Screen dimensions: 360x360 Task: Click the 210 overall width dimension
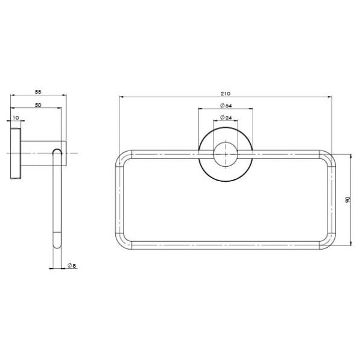tap(226, 93)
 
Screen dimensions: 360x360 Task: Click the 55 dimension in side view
tap(38, 92)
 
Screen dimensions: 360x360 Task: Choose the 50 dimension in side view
tap(38, 105)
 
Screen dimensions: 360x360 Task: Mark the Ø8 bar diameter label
tap(70, 265)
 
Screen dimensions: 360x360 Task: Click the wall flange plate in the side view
tap(16, 154)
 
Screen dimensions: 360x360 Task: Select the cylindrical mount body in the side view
tap(42, 154)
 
